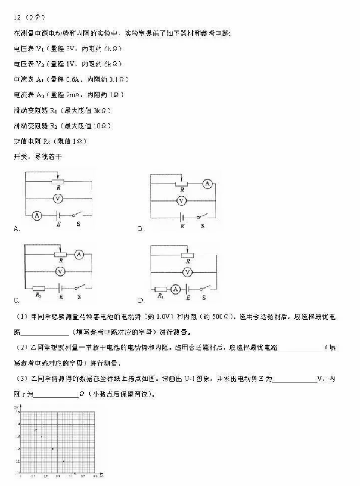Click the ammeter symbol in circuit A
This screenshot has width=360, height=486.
[x=37, y=216]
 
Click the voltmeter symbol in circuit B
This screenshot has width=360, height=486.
[x=182, y=200]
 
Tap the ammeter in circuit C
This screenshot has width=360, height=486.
[x=79, y=255]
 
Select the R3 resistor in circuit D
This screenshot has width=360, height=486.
[x=160, y=289]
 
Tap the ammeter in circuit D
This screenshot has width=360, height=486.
[x=175, y=289]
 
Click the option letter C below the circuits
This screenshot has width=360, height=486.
[x=16, y=300]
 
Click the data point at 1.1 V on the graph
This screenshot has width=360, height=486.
[x=64, y=462]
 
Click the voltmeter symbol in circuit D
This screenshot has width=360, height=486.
[x=187, y=272]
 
